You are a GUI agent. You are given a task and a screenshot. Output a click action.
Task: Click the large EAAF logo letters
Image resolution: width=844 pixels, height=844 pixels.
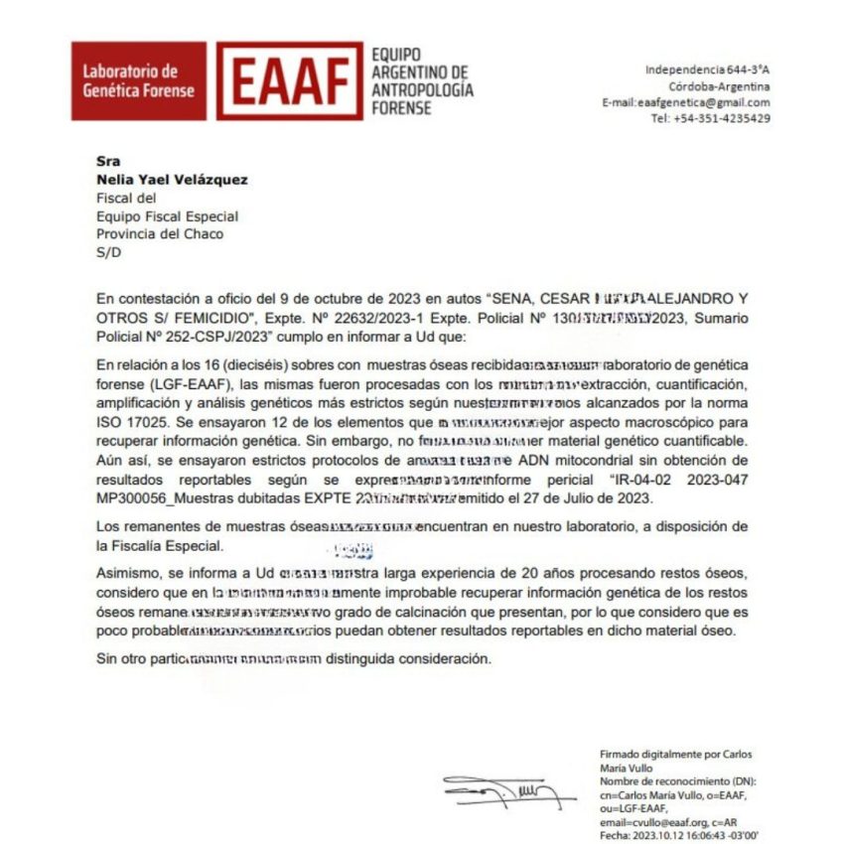290,81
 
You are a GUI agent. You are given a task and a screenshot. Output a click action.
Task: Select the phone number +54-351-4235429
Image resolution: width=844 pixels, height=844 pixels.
711,118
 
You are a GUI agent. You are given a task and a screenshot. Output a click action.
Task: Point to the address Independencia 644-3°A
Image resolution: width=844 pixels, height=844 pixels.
708,70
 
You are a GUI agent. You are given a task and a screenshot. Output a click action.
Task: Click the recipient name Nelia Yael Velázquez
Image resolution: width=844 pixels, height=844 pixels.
172,180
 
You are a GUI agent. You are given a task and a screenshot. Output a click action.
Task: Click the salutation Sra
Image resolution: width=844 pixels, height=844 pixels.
107,162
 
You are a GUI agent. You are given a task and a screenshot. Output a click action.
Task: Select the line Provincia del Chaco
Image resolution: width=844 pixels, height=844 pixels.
160,233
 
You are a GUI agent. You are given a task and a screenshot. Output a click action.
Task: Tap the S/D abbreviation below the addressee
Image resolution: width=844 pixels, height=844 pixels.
107,251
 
